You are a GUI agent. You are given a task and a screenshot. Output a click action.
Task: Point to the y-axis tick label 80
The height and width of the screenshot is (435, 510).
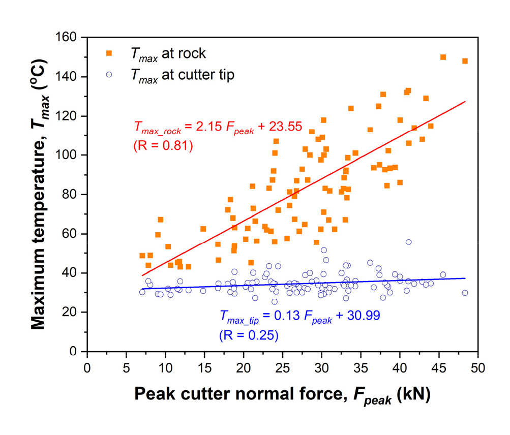(x=73, y=195)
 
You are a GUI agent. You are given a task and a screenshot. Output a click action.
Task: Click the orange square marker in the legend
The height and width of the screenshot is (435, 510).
(x=109, y=53)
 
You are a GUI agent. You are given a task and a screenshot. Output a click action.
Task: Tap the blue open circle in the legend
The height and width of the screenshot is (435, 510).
(x=109, y=75)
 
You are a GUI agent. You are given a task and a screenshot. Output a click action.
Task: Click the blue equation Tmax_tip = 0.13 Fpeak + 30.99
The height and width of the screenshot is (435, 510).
(x=299, y=316)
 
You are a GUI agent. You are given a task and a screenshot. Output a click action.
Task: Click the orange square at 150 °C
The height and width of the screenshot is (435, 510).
(x=443, y=57)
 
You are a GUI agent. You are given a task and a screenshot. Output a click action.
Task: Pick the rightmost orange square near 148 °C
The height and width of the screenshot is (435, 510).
(x=465, y=61)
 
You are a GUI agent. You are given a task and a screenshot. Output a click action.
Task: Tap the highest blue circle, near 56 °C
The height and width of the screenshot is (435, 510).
(x=408, y=242)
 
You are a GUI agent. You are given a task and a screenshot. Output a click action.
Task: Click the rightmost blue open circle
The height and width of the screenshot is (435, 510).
(x=465, y=293)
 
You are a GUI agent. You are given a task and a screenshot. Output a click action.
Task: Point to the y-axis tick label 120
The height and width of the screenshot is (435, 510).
(x=70, y=116)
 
